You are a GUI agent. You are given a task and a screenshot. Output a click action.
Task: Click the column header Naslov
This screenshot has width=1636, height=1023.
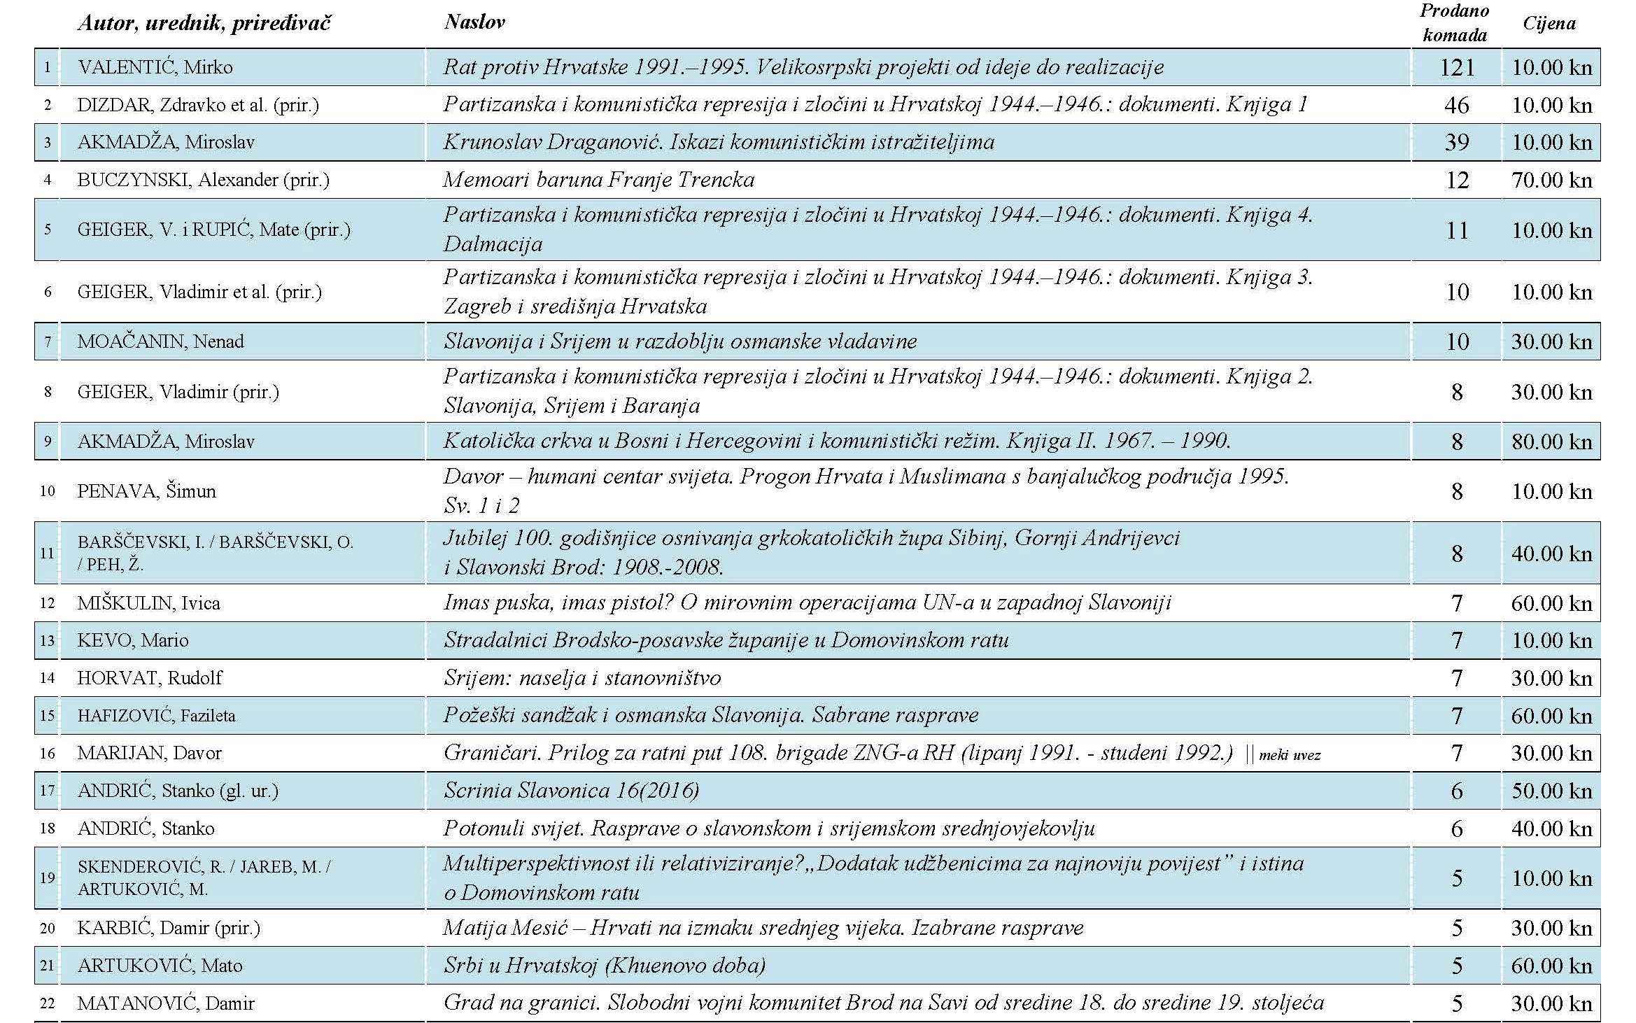[x=474, y=22]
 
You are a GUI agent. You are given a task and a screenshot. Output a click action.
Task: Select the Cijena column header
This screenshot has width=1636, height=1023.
[x=1549, y=24]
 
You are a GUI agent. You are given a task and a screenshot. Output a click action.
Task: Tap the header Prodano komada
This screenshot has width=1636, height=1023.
[x=1454, y=23]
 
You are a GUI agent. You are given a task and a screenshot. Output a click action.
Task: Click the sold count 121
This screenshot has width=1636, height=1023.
[x=1457, y=67]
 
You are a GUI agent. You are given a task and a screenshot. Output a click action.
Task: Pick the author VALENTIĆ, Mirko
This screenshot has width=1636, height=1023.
[x=155, y=67]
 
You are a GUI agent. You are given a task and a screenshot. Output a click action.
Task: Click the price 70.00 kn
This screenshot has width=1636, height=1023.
[x=1551, y=181]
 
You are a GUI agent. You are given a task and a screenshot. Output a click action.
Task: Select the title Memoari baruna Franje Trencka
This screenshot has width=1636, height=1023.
[x=599, y=181]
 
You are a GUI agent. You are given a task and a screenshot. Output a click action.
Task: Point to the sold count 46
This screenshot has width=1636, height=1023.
[x=1457, y=105]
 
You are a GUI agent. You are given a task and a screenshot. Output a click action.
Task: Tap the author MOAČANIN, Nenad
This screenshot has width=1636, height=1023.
[x=161, y=341]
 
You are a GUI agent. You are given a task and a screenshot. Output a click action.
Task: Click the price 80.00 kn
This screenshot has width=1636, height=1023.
[x=1551, y=442]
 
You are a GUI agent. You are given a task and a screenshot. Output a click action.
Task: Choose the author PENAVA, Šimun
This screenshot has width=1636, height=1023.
[x=147, y=491]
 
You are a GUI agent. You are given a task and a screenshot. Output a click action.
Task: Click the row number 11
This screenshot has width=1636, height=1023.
[x=47, y=553]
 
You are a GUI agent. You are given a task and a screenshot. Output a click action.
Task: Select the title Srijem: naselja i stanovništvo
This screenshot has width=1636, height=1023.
[x=582, y=678]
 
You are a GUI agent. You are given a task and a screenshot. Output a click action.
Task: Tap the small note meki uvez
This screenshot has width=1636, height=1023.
[x=1289, y=755]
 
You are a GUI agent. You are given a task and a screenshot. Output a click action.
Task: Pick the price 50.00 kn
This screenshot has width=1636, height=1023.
[x=1551, y=791]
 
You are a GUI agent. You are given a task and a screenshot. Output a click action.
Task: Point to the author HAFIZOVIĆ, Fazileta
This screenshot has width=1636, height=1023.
[x=157, y=716]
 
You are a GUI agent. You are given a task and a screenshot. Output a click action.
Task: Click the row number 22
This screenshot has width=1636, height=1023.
[x=47, y=1003]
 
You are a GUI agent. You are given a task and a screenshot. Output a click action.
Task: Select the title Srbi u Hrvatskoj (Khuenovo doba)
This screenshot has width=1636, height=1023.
[x=605, y=966]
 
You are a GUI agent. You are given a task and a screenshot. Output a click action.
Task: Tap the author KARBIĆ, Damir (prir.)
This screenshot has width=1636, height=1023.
[x=169, y=929]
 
